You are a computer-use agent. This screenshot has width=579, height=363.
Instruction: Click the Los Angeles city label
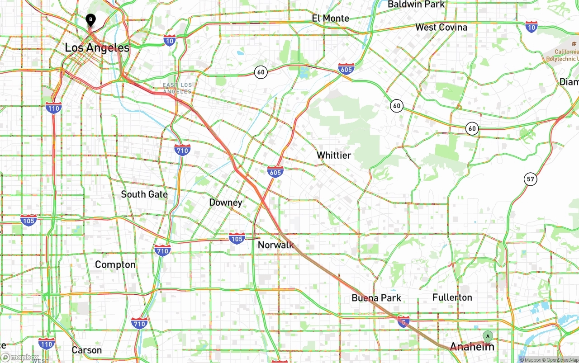point(97,48)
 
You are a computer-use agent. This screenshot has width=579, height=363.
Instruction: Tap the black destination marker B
point(90,19)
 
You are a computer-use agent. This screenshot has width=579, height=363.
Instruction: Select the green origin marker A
point(487,336)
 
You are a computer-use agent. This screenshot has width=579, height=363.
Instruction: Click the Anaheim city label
point(472,347)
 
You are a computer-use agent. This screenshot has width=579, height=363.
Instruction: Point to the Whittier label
point(333,155)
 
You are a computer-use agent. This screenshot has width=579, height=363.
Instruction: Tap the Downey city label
point(225,202)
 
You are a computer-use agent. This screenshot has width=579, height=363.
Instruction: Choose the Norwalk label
point(275,245)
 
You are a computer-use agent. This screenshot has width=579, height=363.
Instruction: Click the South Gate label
point(144,194)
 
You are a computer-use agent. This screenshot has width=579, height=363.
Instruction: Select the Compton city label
point(115,264)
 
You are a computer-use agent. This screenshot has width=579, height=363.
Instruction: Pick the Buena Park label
point(376,298)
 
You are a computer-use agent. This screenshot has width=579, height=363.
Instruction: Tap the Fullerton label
point(452,297)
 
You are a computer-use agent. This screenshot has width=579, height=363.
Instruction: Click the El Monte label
point(330,18)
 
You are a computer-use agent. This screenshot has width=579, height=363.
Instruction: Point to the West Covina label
point(441,27)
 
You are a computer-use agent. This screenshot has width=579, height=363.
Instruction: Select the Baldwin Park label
point(416,5)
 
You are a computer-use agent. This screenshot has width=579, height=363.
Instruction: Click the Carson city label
point(86,350)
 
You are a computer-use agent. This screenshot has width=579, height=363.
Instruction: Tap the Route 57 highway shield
point(531,179)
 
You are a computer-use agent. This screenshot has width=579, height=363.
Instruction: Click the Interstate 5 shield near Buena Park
point(403,321)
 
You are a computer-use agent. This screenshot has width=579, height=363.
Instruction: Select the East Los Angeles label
point(177,88)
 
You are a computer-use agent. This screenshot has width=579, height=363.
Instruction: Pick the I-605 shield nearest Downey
point(275,172)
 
